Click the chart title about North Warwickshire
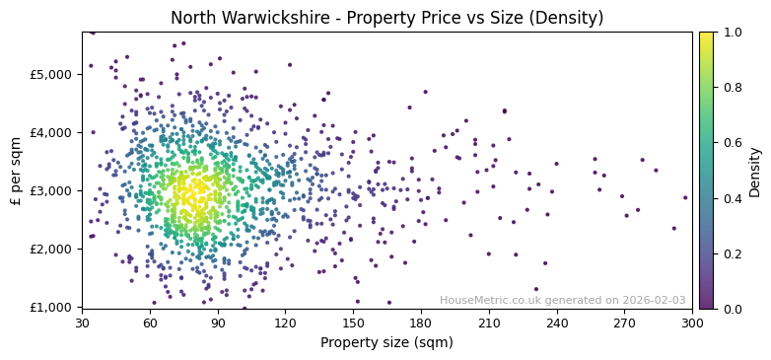click(386, 18)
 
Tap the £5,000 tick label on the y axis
click(52, 74)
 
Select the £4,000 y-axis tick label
click(52, 132)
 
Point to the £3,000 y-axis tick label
click(52, 190)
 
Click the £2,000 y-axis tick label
click(52, 249)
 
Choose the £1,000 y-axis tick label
click(52, 307)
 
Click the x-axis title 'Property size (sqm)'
click(386, 342)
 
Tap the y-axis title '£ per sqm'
click(17, 170)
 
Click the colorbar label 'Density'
click(754, 170)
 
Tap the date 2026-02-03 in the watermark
click(654, 300)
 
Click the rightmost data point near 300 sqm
click(685, 197)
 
